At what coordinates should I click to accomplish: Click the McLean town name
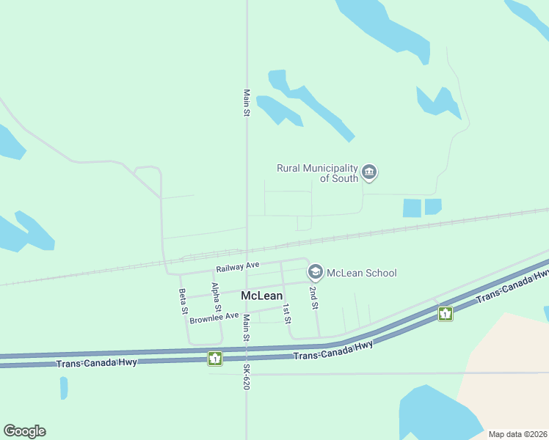click(x=261, y=296)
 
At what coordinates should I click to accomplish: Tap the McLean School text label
click(x=361, y=273)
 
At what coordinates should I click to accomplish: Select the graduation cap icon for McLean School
click(x=315, y=273)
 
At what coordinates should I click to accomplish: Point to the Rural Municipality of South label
click(x=317, y=173)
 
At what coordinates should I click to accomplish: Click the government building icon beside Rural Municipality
click(x=368, y=173)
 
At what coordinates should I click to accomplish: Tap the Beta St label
click(x=183, y=301)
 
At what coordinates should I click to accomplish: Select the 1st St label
click(x=287, y=313)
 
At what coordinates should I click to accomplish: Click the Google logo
click(x=24, y=431)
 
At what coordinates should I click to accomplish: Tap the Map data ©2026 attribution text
click(x=517, y=434)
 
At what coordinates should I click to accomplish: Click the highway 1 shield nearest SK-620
click(x=214, y=358)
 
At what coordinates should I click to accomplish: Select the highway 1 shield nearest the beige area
click(x=445, y=314)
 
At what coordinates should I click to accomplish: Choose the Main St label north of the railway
click(x=247, y=103)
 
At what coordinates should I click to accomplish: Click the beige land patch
click(x=506, y=367)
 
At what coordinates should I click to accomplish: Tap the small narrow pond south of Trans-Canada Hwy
click(x=64, y=387)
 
